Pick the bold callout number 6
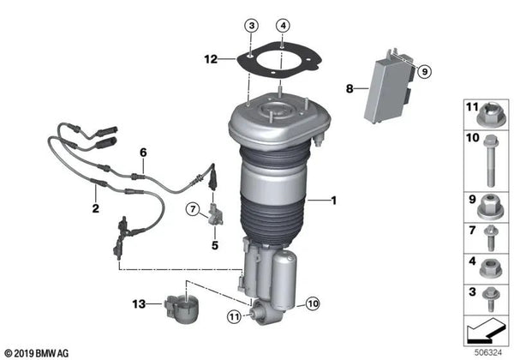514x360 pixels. (144, 152)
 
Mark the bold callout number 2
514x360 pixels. (94, 207)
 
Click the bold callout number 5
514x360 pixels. (215, 245)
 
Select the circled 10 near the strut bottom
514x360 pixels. (312, 302)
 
